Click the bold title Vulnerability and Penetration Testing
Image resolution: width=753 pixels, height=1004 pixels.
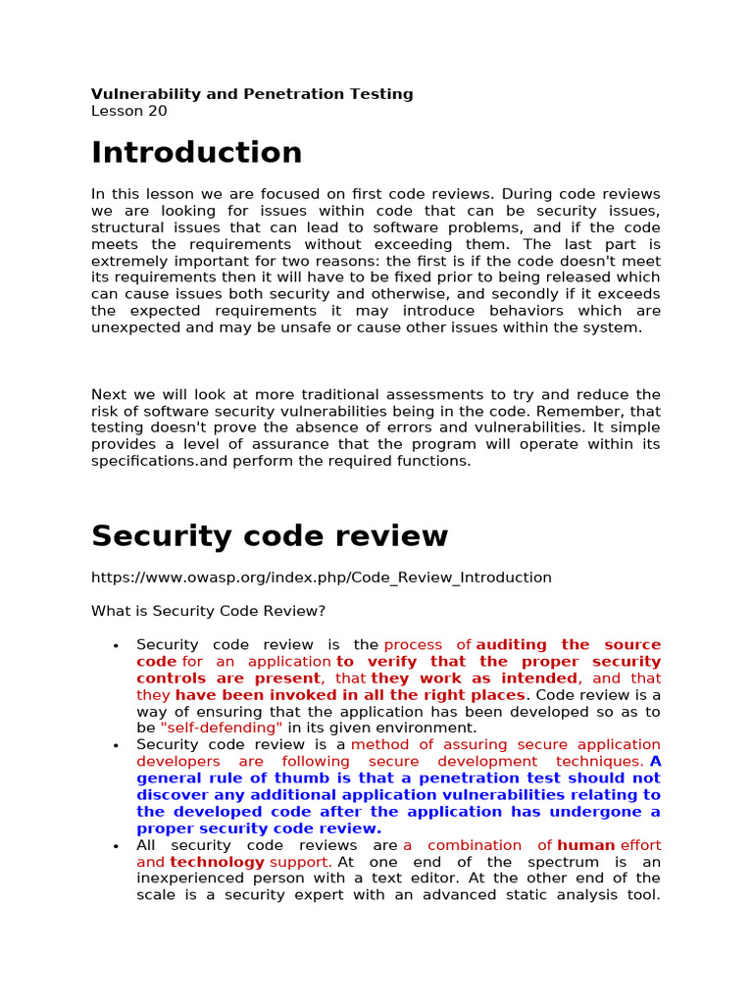click(x=252, y=94)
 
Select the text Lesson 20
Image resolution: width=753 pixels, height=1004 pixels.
click(x=128, y=111)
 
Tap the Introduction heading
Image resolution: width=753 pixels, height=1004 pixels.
click(x=196, y=153)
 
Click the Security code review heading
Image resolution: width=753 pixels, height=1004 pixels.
click(x=269, y=536)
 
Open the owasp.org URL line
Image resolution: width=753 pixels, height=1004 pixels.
click(x=321, y=577)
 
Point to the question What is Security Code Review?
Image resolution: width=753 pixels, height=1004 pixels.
click(x=208, y=611)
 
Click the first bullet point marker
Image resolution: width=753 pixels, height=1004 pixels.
click(x=116, y=645)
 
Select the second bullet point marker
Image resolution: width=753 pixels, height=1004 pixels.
click(x=116, y=745)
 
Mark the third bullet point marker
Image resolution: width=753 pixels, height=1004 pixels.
click(x=116, y=845)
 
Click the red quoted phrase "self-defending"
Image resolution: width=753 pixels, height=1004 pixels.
click(x=221, y=728)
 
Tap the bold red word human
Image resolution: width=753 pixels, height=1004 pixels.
click(x=585, y=845)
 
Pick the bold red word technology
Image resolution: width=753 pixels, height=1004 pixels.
click(x=217, y=862)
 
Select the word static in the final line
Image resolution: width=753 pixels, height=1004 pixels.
click(x=487, y=895)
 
